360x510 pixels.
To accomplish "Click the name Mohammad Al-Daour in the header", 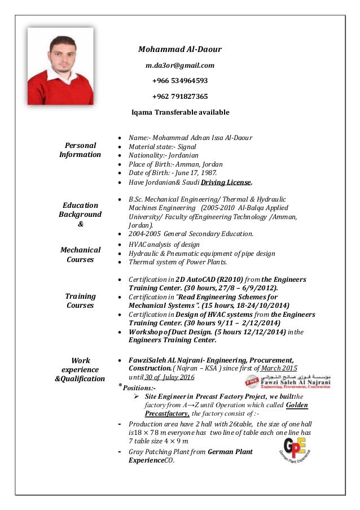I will click(x=180, y=49).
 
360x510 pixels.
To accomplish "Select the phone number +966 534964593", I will click(x=180, y=80).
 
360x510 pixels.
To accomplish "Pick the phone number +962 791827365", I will click(x=180, y=96).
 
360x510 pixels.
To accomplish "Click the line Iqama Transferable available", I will click(x=180, y=112).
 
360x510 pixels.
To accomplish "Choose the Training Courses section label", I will click(x=81, y=300).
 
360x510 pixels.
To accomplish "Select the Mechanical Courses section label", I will click(x=81, y=255).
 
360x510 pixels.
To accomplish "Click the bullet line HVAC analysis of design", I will click(x=164, y=244).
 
